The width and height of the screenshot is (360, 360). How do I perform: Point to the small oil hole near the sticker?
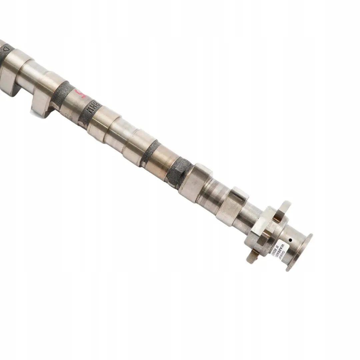290,240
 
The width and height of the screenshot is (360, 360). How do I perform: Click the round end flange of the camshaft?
299,252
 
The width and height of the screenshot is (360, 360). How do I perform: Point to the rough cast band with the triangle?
6,53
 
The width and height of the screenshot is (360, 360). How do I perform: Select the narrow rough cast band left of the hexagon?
149,153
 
